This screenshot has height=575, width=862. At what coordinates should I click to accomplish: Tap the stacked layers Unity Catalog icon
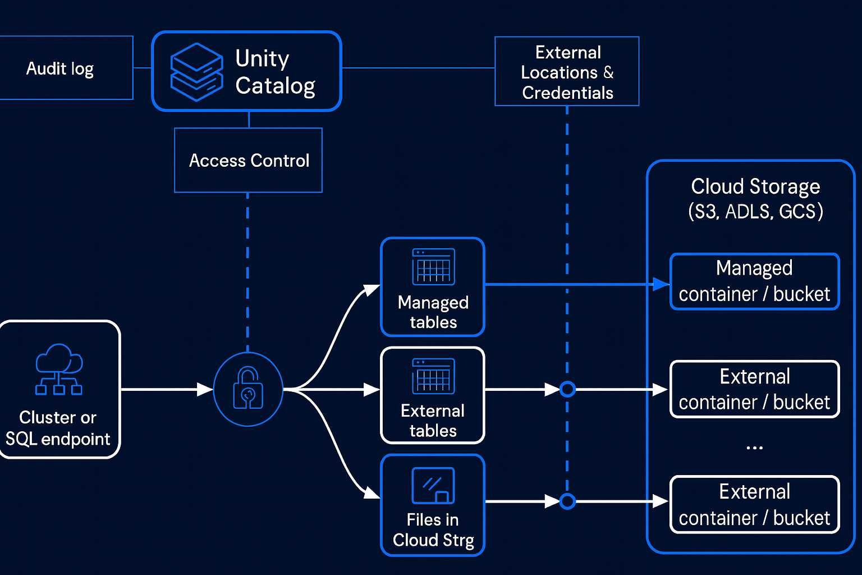point(196,72)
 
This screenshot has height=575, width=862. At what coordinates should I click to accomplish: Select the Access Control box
point(249,161)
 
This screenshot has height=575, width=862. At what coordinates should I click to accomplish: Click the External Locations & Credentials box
point(567,72)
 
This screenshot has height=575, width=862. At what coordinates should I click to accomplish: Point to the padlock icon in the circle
point(248,388)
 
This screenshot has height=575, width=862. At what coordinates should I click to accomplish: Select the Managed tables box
point(433,287)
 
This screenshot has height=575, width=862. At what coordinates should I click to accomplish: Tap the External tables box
point(433,395)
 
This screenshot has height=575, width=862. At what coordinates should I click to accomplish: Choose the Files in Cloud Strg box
point(433,505)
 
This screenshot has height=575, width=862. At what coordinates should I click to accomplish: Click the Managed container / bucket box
point(754,281)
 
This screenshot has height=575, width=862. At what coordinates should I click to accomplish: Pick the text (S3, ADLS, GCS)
point(755,212)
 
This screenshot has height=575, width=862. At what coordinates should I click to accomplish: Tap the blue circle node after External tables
point(567,389)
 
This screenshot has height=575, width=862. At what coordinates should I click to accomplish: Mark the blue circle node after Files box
point(567,501)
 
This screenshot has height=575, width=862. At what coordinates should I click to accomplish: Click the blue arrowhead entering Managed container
point(661,284)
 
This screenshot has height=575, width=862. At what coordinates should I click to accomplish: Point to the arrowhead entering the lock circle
point(205,389)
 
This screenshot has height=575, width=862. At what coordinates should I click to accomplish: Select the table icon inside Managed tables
point(433,267)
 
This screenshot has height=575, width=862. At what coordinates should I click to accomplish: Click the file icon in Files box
point(433,486)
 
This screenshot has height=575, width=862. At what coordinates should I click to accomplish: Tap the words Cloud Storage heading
point(755,186)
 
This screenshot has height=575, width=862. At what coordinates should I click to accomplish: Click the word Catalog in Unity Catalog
point(275,86)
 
